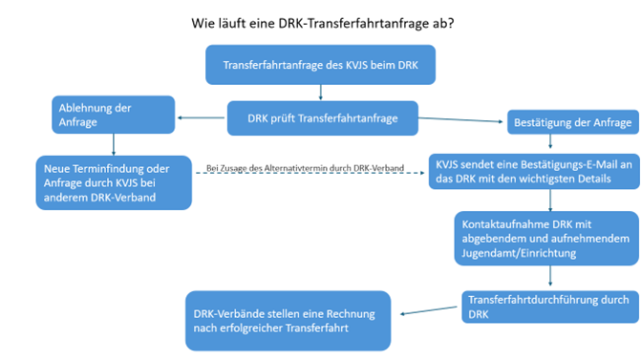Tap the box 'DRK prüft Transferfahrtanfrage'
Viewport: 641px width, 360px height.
click(323, 118)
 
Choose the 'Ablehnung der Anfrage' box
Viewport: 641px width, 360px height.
click(113, 114)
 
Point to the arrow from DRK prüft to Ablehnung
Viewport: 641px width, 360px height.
click(203, 119)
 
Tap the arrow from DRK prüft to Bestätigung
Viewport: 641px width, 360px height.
click(463, 120)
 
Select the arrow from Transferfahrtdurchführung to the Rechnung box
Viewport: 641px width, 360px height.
click(430, 311)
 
